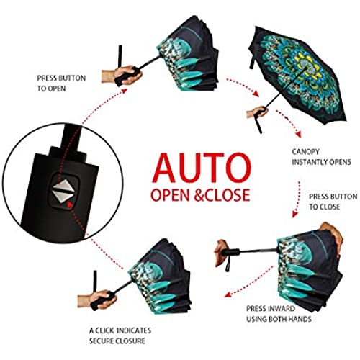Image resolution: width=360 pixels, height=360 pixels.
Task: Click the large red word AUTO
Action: (202, 168)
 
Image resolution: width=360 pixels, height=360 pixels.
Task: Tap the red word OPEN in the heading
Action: (170, 194)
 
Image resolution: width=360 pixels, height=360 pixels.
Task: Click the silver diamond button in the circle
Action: (63, 191)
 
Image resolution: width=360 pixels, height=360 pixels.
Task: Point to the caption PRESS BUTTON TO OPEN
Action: (61, 84)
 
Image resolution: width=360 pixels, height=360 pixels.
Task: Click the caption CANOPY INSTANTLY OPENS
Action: (321, 157)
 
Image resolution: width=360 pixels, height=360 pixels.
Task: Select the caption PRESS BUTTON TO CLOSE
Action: (333, 202)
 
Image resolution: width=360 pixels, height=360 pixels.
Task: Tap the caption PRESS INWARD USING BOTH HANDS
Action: (279, 314)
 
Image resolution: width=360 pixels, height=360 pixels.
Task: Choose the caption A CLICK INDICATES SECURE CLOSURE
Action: (120, 336)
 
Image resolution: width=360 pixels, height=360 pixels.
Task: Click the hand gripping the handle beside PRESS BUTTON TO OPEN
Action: (122, 75)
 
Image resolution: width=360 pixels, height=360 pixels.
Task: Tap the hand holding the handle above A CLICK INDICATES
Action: (98, 300)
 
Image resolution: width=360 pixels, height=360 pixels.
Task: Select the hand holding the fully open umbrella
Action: (257, 112)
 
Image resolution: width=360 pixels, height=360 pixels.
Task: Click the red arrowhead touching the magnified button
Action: (69, 204)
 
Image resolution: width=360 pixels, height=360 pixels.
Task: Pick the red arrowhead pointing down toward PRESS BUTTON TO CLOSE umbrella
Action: (294, 214)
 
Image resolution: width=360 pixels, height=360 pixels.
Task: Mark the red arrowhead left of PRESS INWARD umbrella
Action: (228, 294)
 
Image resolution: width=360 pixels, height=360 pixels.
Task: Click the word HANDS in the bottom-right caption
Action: (300, 319)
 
